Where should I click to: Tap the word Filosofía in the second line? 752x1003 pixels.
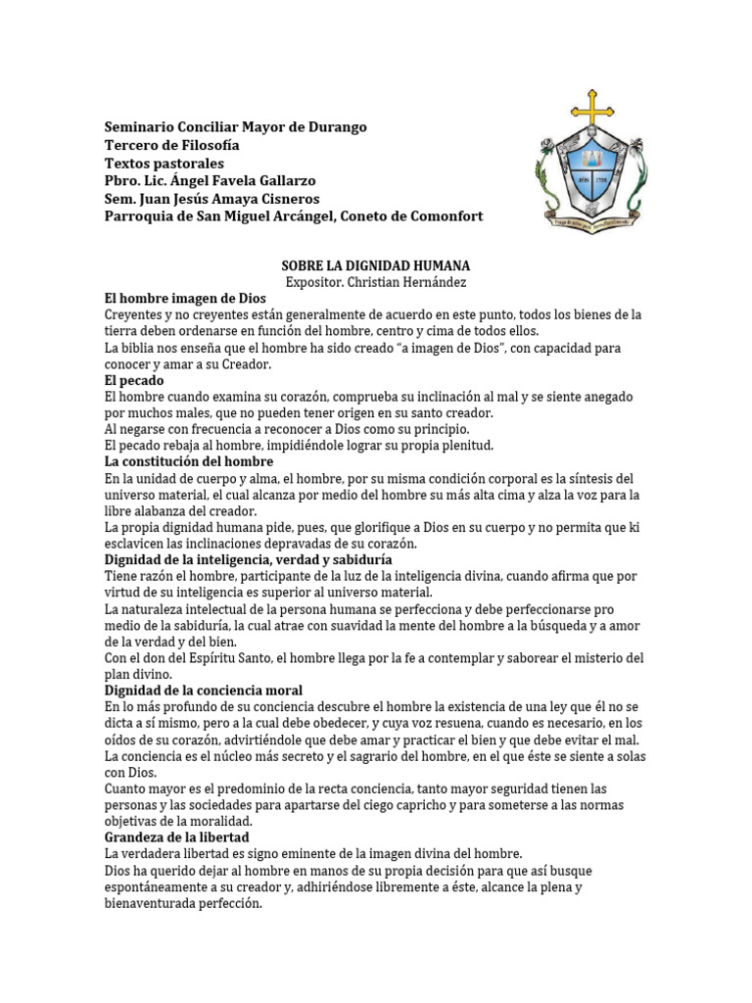[x=206, y=145]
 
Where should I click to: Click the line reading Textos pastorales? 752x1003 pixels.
[x=164, y=163]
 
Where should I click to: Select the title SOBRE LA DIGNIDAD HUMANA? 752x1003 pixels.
[x=376, y=265]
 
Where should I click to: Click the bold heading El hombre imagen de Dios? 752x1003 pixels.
[x=184, y=298]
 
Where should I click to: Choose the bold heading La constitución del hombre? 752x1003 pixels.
[x=189, y=461]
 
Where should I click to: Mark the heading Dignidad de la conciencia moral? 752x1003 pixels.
[x=204, y=691]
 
